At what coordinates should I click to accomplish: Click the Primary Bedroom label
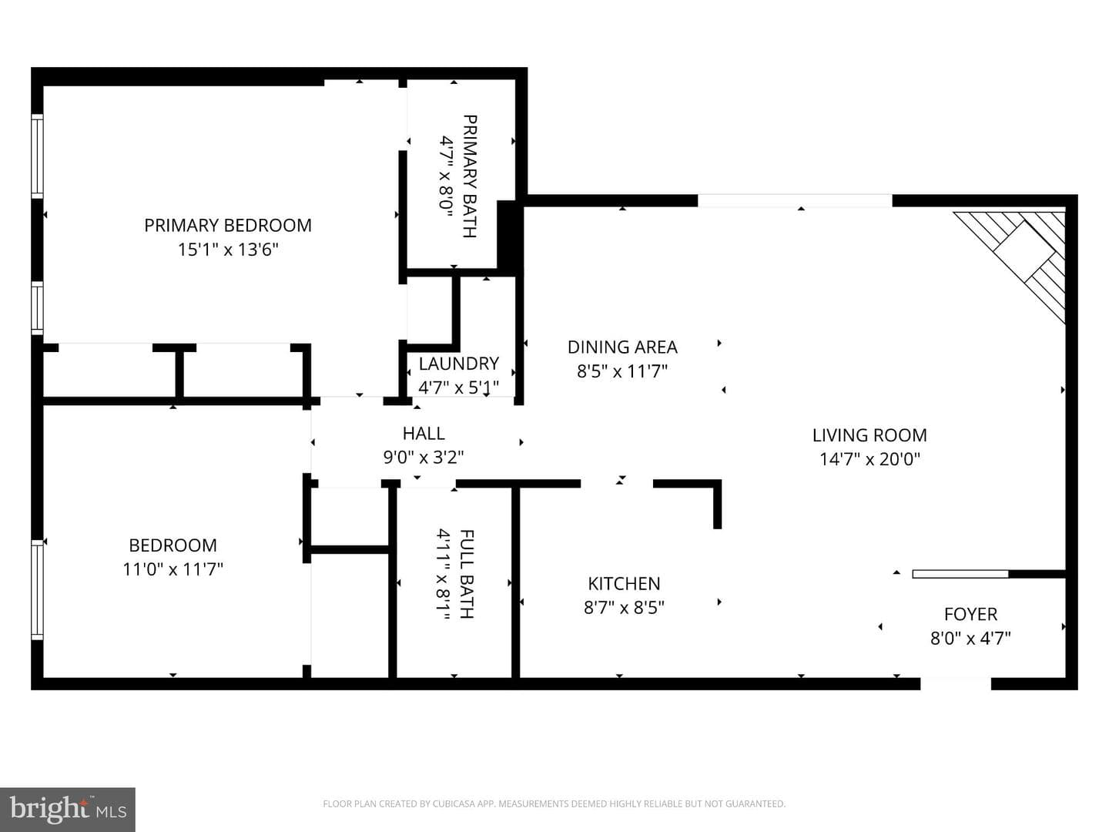pos(228,225)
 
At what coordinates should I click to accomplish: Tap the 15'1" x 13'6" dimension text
pos(228,250)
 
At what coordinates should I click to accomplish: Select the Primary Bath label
pos(470,176)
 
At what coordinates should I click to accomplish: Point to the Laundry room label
pos(459,364)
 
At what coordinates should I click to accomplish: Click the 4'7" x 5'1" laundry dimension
pos(459,387)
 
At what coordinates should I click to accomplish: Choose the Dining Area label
pos(622,347)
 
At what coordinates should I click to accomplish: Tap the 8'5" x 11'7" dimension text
pos(622,372)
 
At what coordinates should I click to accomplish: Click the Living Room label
pos(869,435)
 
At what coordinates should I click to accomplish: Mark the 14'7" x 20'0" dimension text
pos(869,459)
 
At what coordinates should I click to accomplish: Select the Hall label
pos(424,434)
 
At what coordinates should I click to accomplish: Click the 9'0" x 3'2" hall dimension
pos(424,458)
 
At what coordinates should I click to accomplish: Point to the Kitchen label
pos(624,584)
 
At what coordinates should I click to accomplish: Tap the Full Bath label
pos(467,574)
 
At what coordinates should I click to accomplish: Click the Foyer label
pos(970,614)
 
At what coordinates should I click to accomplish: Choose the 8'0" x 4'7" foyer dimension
pos(970,639)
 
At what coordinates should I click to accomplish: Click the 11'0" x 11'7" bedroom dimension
pos(173,570)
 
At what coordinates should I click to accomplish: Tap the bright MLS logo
pos(68,809)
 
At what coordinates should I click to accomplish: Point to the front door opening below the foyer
pos(956,684)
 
